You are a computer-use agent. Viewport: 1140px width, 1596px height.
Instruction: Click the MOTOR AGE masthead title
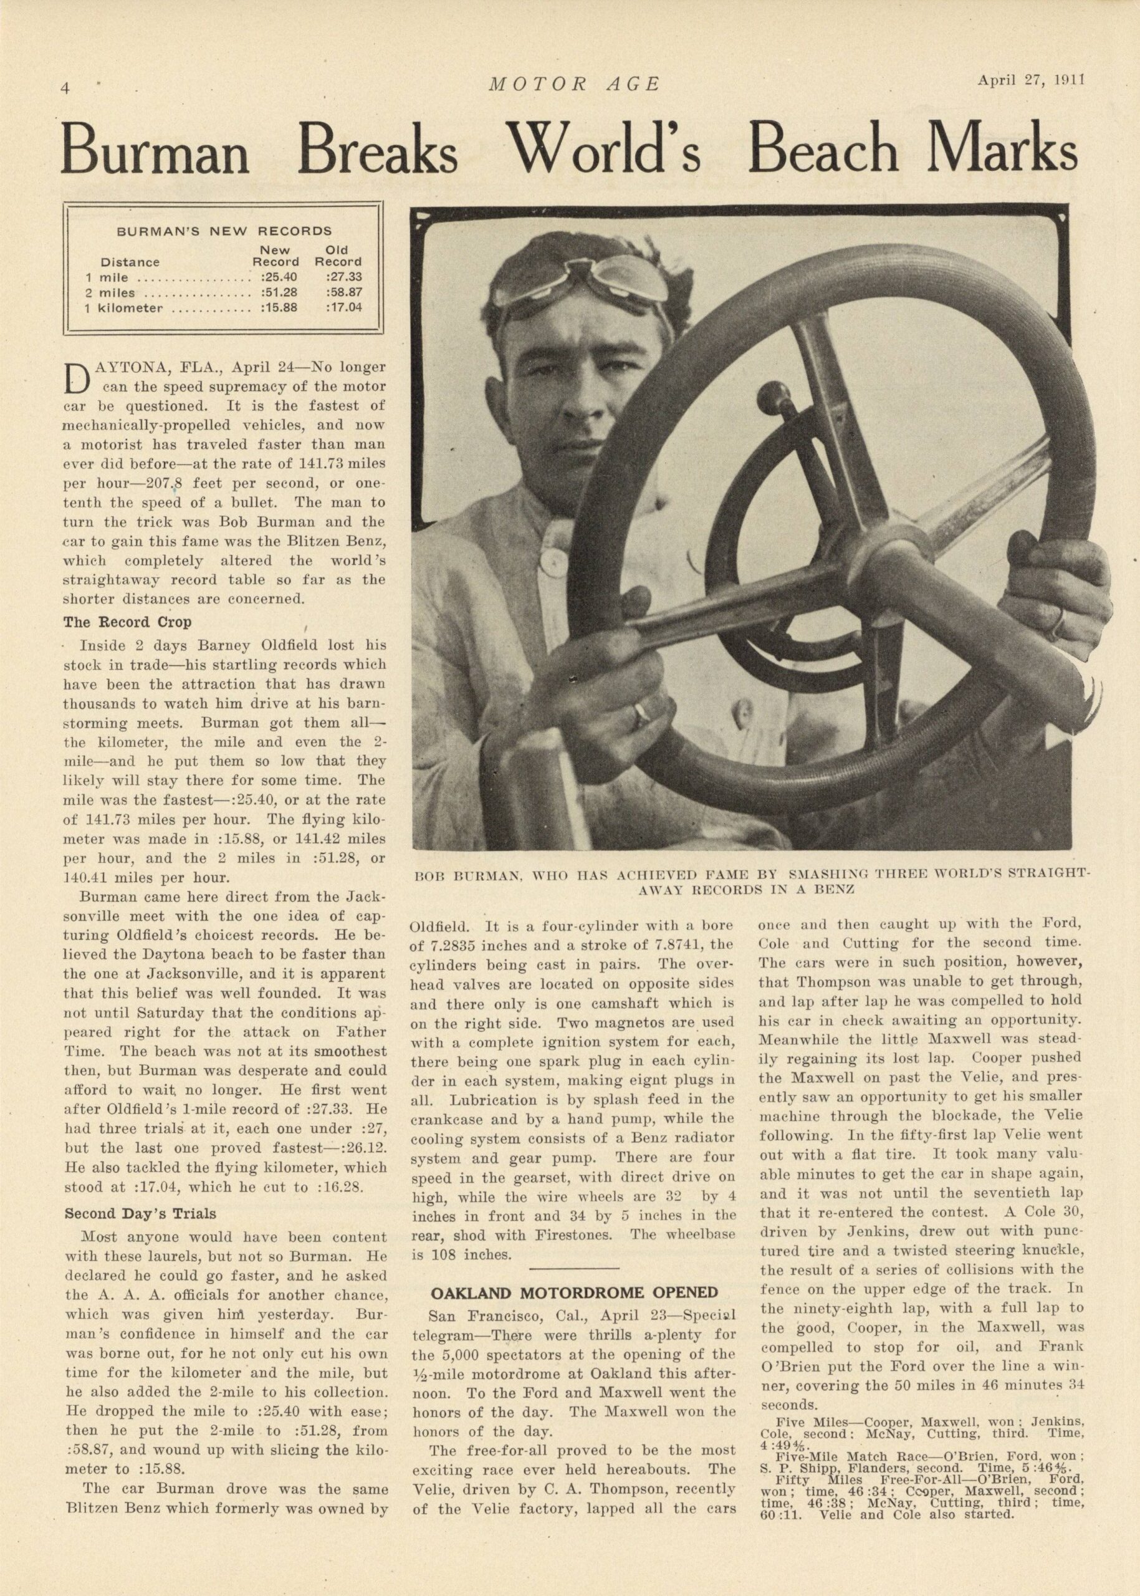[574, 85]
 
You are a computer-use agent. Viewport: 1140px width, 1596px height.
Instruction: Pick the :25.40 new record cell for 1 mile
[279, 277]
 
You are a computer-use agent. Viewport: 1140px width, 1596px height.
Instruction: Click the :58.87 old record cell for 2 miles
[343, 292]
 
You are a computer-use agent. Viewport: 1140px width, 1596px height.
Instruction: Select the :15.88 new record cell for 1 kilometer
[279, 307]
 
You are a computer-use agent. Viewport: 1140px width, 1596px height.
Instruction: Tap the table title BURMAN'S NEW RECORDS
[223, 230]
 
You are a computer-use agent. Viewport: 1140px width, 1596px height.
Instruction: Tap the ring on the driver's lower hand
[643, 714]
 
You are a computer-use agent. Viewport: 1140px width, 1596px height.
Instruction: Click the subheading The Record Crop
[127, 622]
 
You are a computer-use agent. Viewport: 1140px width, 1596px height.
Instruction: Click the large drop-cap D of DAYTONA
[77, 378]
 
